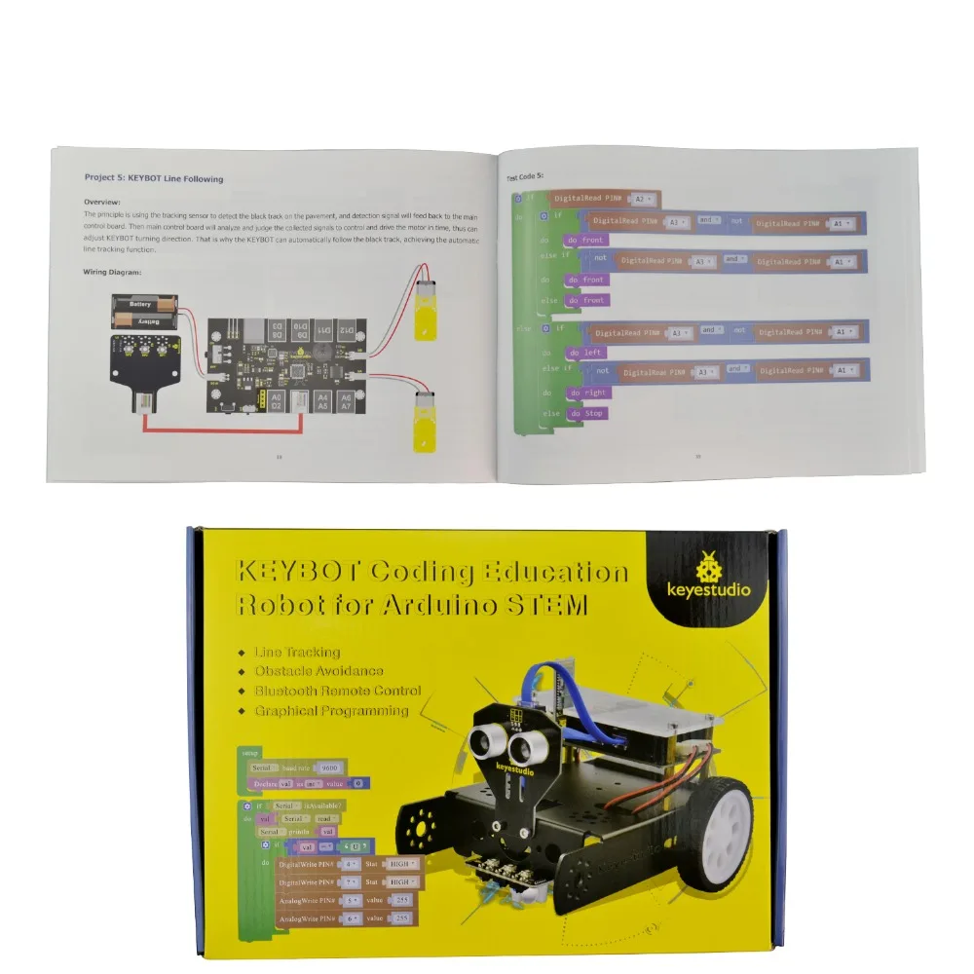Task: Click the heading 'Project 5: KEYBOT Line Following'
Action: coord(153,179)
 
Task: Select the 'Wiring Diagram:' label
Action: coord(112,273)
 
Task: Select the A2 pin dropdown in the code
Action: coord(644,199)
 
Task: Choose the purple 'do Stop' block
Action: coord(588,414)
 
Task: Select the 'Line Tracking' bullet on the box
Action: coord(297,652)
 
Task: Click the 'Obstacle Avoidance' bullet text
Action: coord(318,671)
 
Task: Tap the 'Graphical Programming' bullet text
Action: coord(331,711)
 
